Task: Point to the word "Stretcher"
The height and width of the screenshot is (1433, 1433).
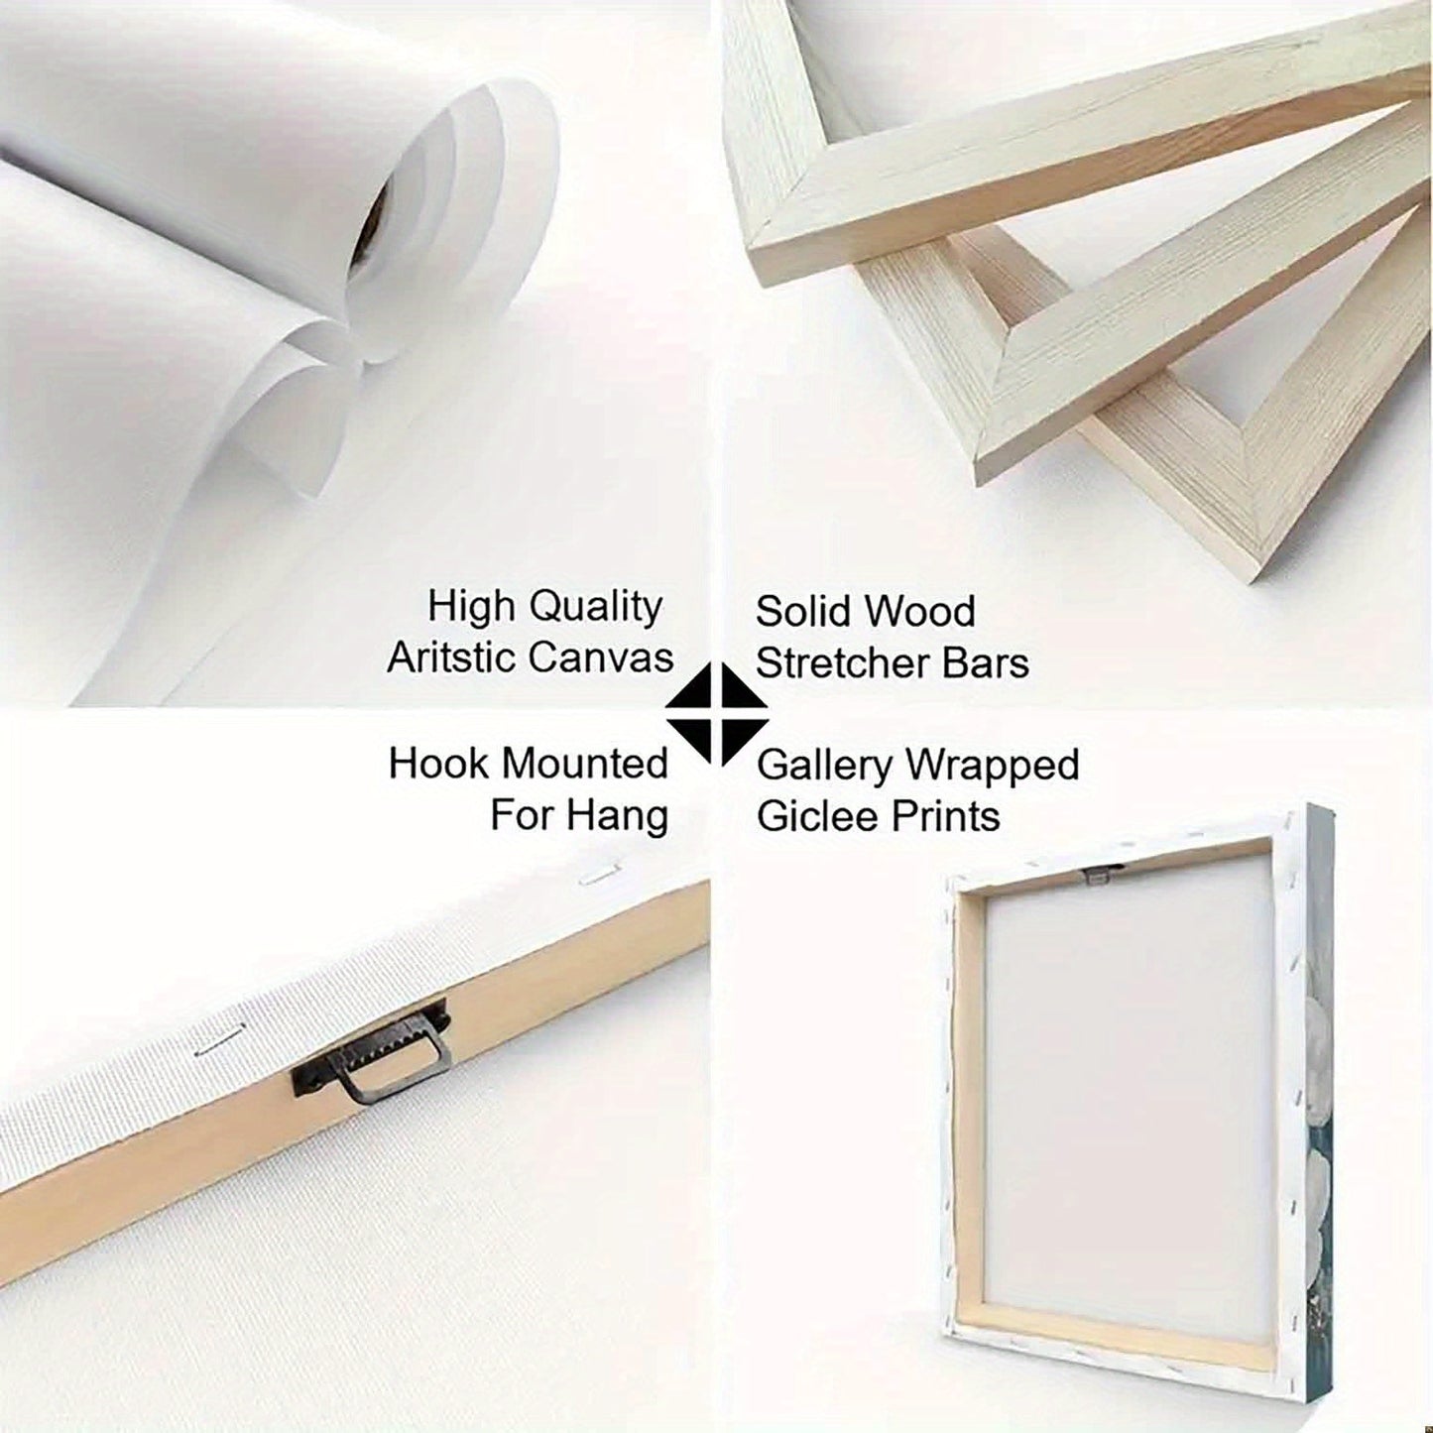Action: pos(855,663)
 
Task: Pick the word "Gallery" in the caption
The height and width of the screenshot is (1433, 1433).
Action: pos(823,766)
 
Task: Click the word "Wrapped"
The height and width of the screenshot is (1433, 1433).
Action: pos(990,766)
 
